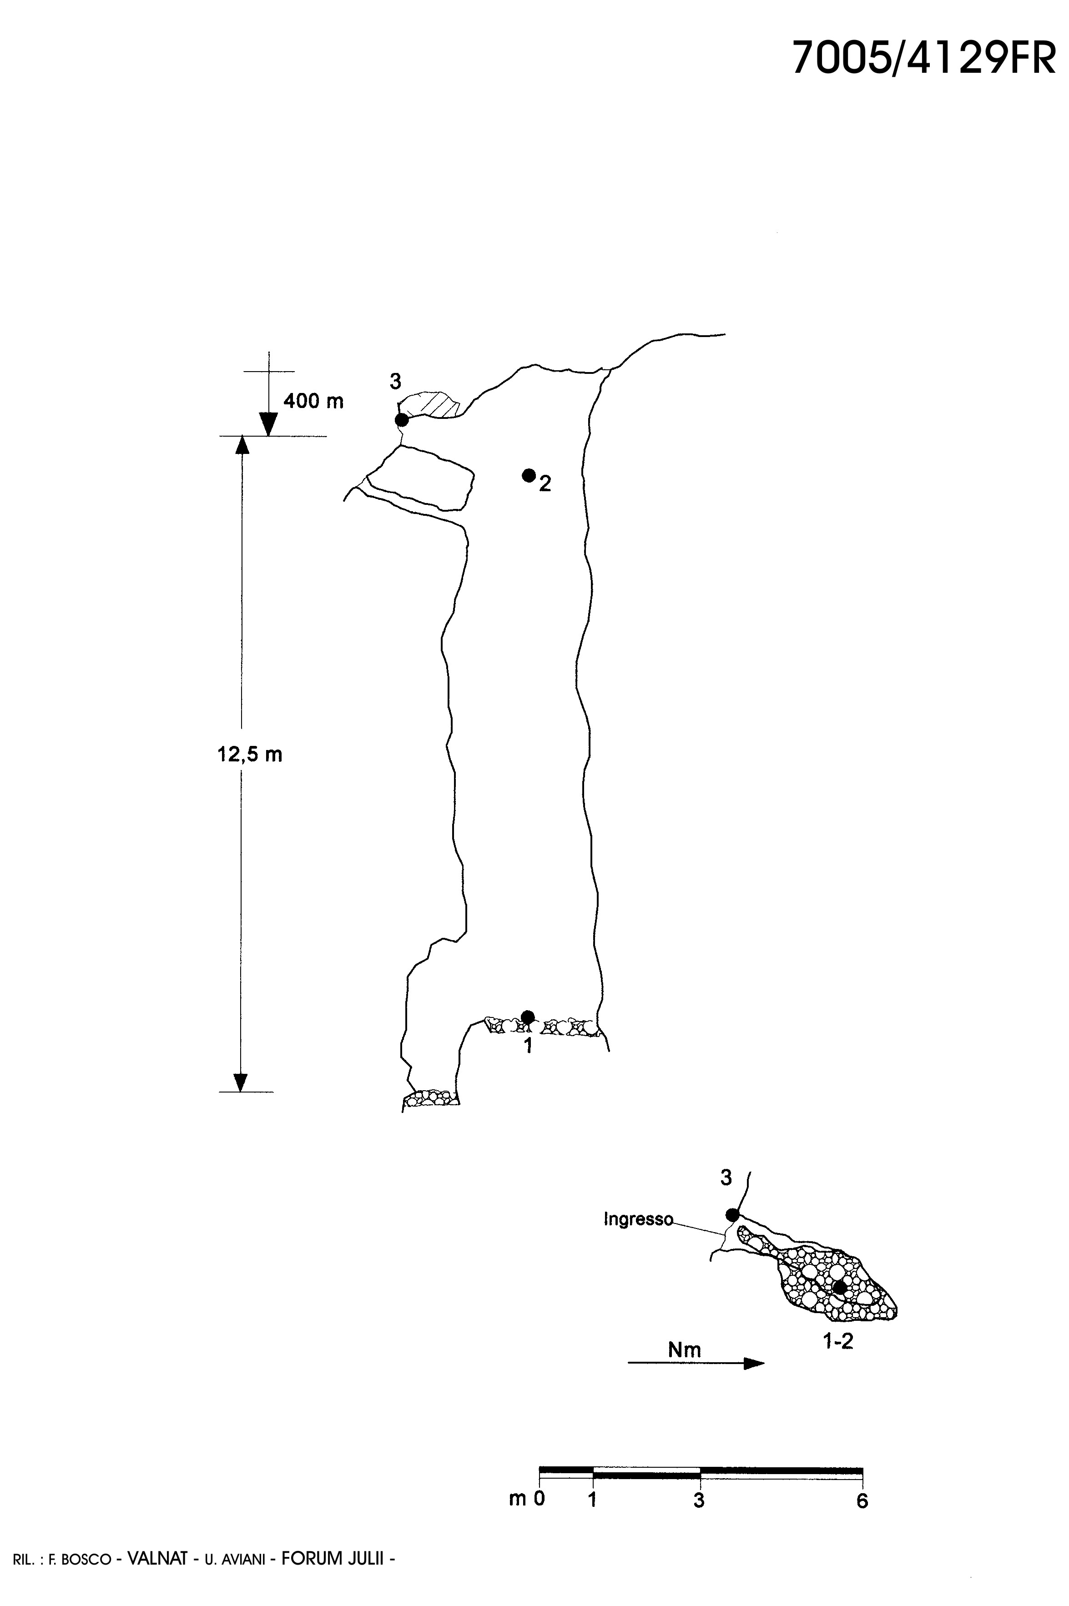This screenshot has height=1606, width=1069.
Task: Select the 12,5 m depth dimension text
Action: pyautogui.click(x=250, y=755)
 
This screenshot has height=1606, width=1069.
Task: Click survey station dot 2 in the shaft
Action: pyautogui.click(x=529, y=475)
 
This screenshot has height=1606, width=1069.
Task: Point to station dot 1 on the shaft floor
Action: pyautogui.click(x=528, y=1017)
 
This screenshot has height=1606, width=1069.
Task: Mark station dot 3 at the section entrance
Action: pyautogui.click(x=402, y=419)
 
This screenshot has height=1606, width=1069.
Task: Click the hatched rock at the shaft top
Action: pyautogui.click(x=436, y=404)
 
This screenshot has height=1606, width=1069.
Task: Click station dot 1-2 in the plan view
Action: pyautogui.click(x=840, y=1287)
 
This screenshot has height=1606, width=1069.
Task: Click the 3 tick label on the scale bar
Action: pyautogui.click(x=699, y=1500)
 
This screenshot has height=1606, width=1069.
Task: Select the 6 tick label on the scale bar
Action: pyautogui.click(x=862, y=1500)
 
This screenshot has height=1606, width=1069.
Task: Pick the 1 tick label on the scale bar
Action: pyautogui.click(x=592, y=1500)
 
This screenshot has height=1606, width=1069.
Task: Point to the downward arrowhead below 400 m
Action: pyautogui.click(x=268, y=425)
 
